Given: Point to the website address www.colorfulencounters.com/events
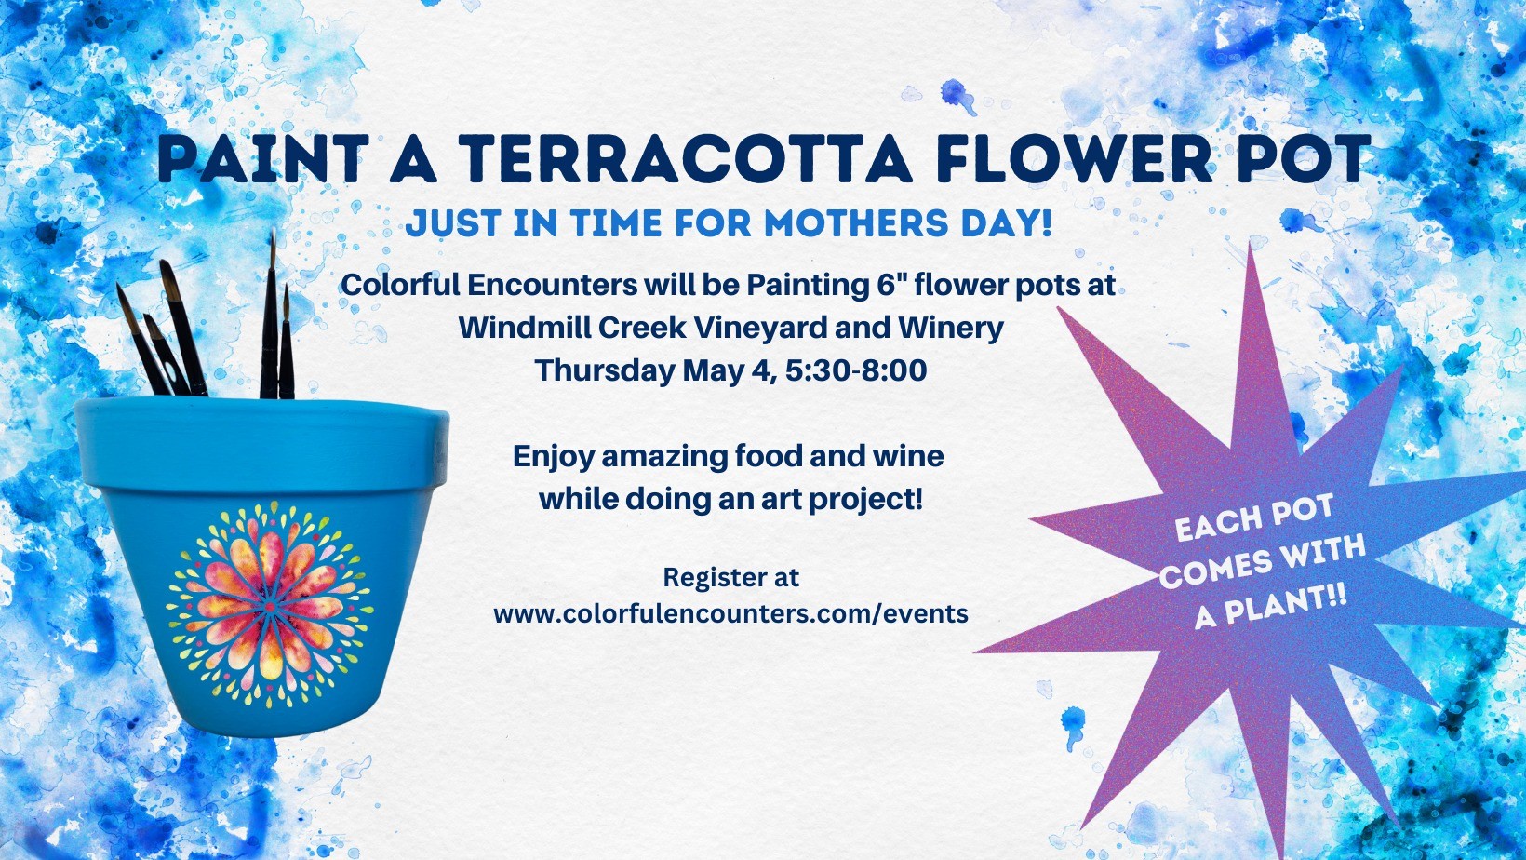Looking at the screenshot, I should pos(730,614).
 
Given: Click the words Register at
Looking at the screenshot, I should pos(730,577).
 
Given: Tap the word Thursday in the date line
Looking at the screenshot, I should pos(605,370).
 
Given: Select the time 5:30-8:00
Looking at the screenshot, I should pos(856,370).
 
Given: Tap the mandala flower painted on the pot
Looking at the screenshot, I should pos(269,603).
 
